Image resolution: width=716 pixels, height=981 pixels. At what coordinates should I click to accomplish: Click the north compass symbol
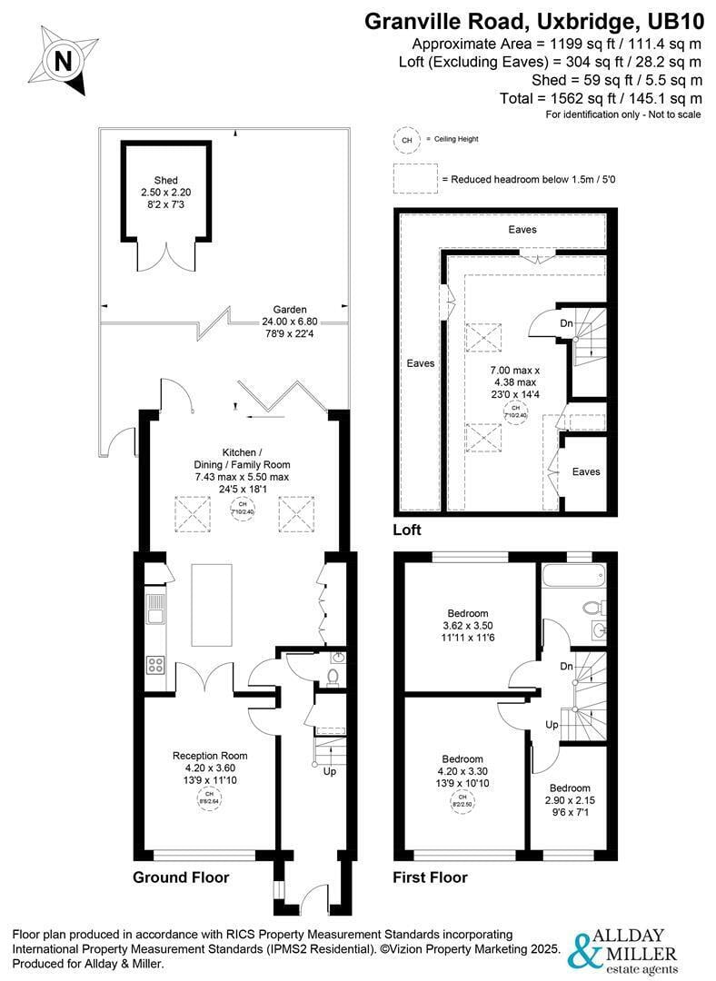point(63,61)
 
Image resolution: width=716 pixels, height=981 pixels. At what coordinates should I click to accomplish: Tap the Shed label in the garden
point(165,180)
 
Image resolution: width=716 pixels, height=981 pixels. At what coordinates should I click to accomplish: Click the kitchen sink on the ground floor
point(155,608)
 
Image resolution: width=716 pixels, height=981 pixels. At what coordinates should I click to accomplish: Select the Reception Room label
point(210,755)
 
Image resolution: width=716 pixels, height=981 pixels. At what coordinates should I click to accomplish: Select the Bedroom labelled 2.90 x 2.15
point(569,788)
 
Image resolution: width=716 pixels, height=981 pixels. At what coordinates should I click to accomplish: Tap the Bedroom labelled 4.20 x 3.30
point(462,758)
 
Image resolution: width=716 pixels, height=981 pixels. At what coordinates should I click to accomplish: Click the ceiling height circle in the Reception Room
point(210,799)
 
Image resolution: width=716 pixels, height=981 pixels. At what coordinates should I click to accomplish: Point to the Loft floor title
point(407,530)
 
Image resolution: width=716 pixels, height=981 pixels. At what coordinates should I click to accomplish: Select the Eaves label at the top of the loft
point(522,230)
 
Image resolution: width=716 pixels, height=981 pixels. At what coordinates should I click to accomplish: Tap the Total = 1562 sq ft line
point(601,98)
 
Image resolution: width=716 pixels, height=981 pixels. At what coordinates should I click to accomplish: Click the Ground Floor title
point(181,877)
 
